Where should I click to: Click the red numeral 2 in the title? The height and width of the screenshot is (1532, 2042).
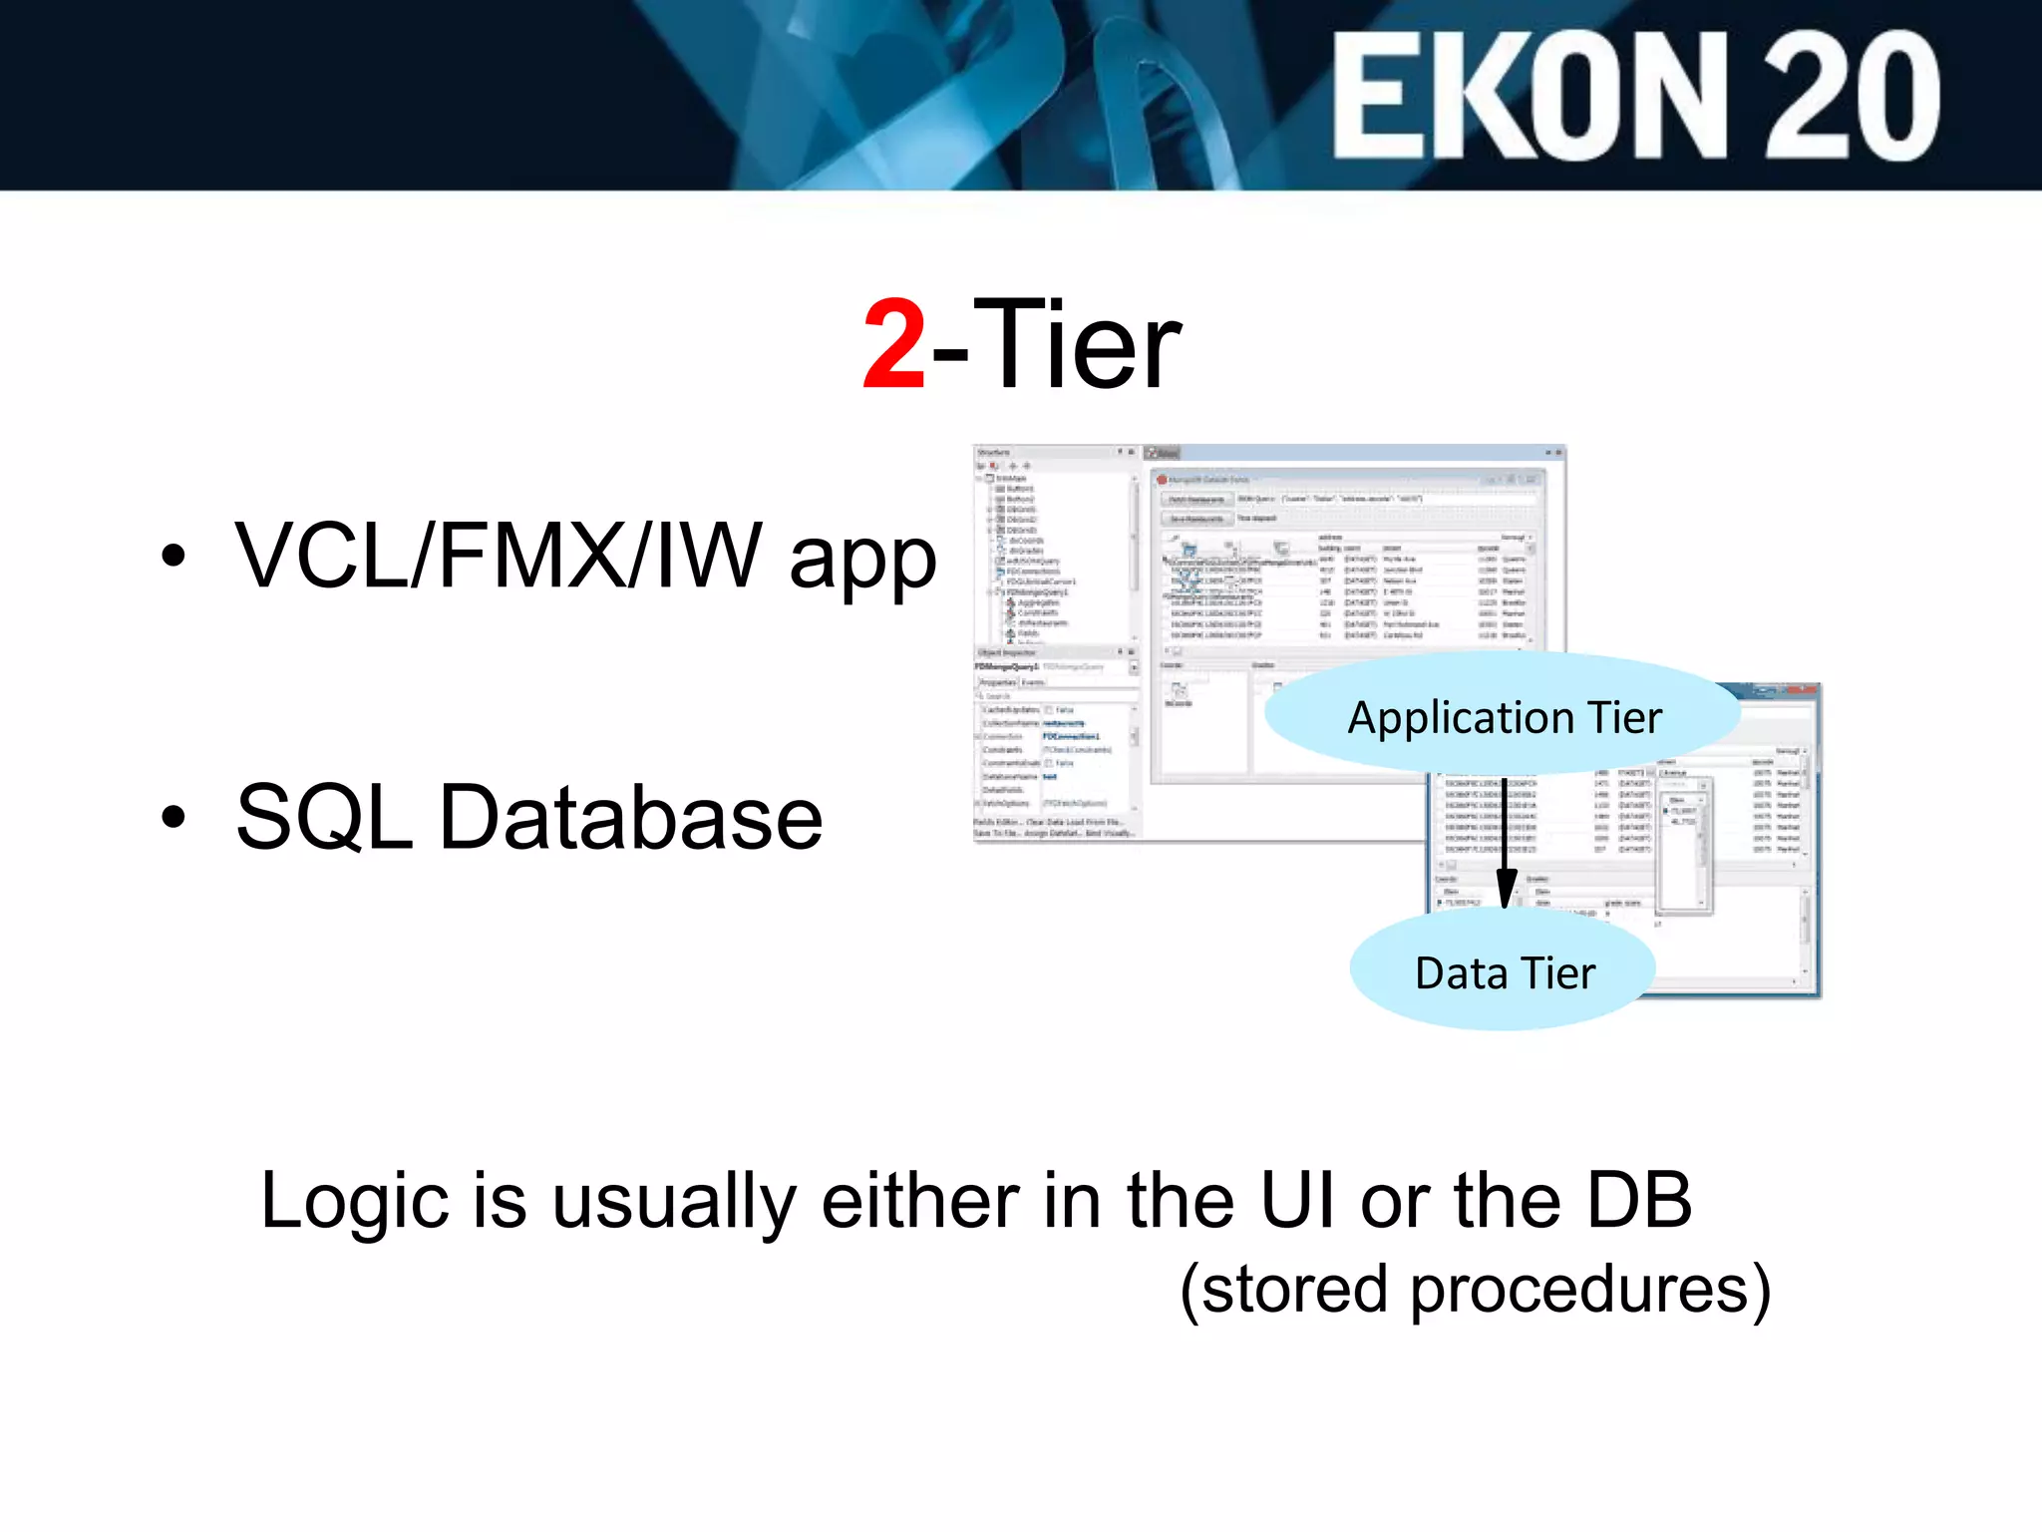pyautogui.click(x=894, y=345)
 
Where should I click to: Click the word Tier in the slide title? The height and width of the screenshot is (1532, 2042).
pyautogui.click(x=1076, y=345)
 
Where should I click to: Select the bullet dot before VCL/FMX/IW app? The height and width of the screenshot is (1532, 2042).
pyautogui.click(x=173, y=557)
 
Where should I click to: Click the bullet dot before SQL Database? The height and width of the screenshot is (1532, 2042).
pyautogui.click(x=173, y=817)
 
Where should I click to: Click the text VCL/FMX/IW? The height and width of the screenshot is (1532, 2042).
pyautogui.click(x=499, y=557)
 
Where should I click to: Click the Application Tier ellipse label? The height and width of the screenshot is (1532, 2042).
pyautogui.click(x=1504, y=717)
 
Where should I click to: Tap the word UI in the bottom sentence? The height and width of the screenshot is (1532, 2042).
pyautogui.click(x=1296, y=1199)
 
